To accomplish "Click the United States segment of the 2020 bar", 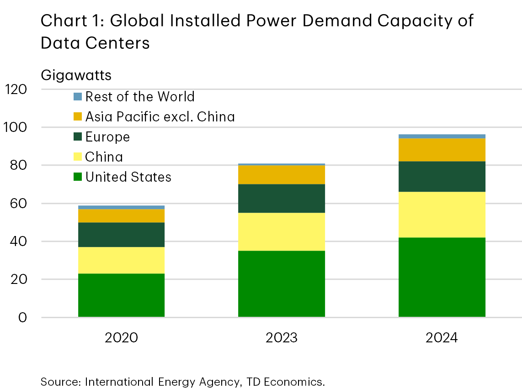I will pyautogui.click(x=121, y=295).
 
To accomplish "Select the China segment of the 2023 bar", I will pyautogui.click(x=281, y=231).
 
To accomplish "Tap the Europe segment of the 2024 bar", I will pyautogui.click(x=442, y=176).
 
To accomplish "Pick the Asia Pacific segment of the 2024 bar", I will pyautogui.click(x=442, y=150).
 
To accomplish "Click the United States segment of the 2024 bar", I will pyautogui.click(x=442, y=277).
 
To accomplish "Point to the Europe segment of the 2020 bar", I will pyautogui.click(x=121, y=235).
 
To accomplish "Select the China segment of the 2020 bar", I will pyautogui.click(x=121, y=260).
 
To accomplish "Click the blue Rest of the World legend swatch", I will pyautogui.click(x=78, y=97).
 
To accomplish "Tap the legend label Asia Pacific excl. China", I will pyautogui.click(x=160, y=117).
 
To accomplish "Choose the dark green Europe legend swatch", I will pyautogui.click(x=78, y=137).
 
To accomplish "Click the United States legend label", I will pyautogui.click(x=128, y=177).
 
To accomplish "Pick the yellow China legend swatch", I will pyautogui.click(x=78, y=157).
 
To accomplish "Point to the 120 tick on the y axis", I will pyautogui.click(x=16, y=89).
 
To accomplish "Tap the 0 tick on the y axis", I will pyautogui.click(x=22, y=318).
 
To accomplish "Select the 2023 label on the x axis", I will pyautogui.click(x=281, y=338).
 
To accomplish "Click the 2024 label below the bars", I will pyautogui.click(x=442, y=338).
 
